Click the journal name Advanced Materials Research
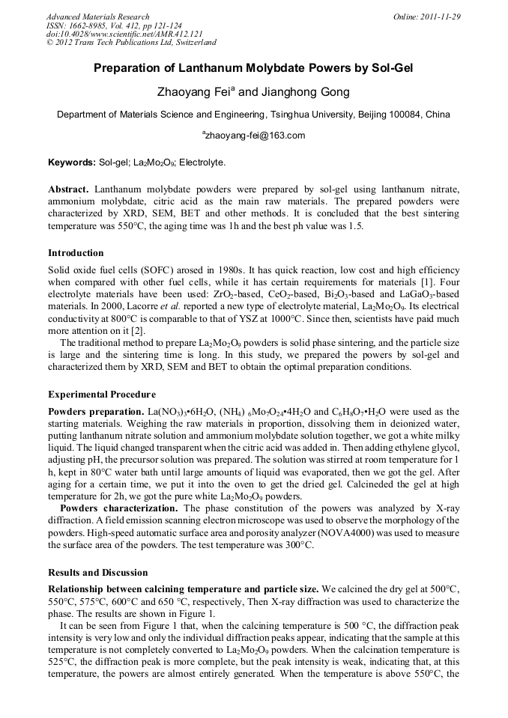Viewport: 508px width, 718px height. tap(97, 16)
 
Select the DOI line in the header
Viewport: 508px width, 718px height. tap(113, 34)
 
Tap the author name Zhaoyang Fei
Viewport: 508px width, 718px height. tap(191, 93)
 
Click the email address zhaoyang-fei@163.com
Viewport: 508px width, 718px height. tap(255, 136)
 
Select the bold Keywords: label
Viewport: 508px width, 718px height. tap(71, 162)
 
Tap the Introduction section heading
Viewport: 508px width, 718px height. tap(76, 253)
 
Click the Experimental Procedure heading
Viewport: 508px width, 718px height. tap(102, 394)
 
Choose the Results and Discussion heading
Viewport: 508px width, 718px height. tap(97, 573)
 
